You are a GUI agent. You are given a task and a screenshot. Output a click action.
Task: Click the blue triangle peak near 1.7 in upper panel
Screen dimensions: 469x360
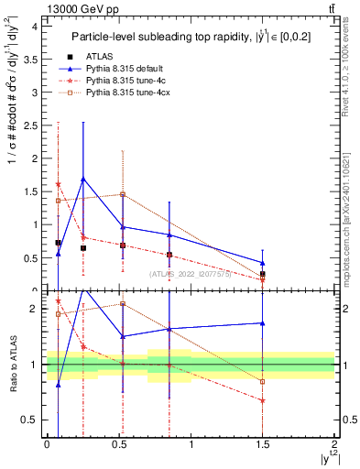click(x=83, y=179)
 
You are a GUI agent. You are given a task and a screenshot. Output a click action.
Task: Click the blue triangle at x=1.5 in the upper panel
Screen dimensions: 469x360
click(x=263, y=263)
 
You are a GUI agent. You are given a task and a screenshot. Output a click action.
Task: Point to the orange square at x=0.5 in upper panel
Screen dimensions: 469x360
click(x=123, y=194)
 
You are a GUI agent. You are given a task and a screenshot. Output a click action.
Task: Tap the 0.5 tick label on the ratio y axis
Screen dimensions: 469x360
click(x=33, y=420)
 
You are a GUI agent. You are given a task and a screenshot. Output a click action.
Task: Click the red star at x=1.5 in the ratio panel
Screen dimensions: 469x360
click(x=263, y=400)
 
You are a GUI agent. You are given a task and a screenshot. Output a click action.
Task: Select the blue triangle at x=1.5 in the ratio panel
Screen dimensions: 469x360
click(x=263, y=322)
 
